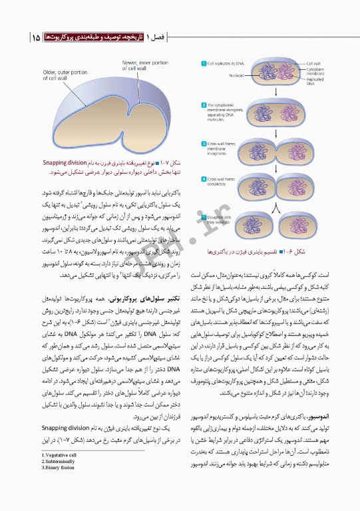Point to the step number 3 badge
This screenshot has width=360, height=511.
[202, 144]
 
